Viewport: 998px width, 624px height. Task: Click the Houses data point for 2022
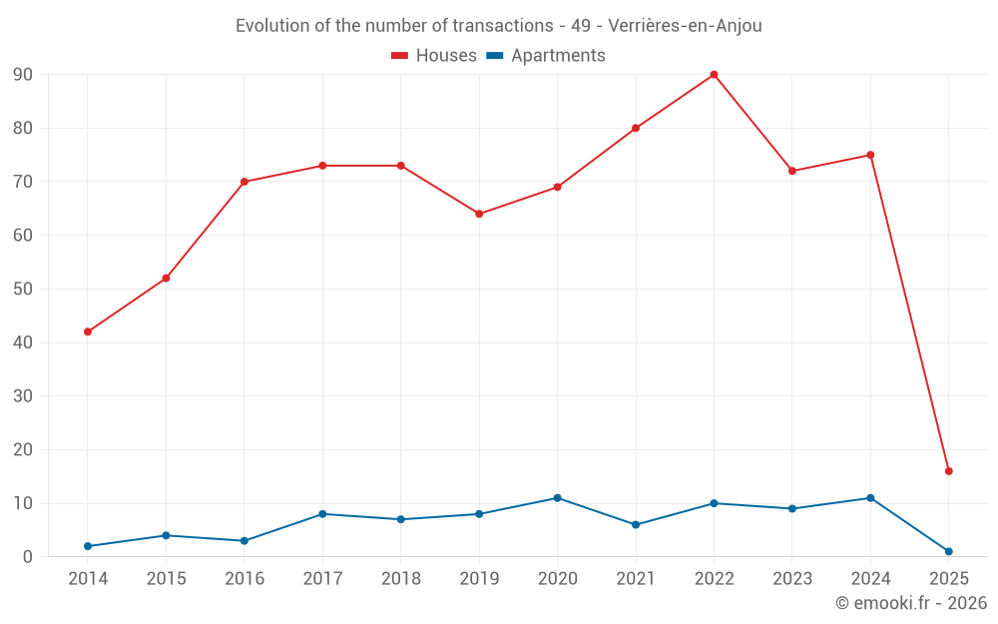coord(714,74)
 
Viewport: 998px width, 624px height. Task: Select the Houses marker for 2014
coord(88,331)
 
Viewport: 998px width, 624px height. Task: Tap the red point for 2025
coord(948,471)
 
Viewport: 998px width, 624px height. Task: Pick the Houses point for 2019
coord(479,214)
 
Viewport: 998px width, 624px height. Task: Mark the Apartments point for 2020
coord(557,498)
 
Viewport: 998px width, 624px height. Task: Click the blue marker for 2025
coord(948,551)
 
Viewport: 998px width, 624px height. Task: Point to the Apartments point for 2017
coord(322,514)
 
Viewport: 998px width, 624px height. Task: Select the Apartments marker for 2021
coord(636,525)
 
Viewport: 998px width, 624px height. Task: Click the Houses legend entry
coord(434,56)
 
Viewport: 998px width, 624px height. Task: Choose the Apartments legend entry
coord(546,56)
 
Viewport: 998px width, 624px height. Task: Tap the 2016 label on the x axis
coord(245,579)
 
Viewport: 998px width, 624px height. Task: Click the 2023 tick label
coord(792,579)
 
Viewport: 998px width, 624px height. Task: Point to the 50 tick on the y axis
coord(23,290)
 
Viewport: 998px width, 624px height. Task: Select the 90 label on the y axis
coord(23,75)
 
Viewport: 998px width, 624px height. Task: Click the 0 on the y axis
coord(28,557)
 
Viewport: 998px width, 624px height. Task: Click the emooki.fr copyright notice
coord(910,603)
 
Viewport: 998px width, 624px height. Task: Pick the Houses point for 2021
coord(636,128)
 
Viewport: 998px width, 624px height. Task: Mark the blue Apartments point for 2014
coord(88,546)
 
